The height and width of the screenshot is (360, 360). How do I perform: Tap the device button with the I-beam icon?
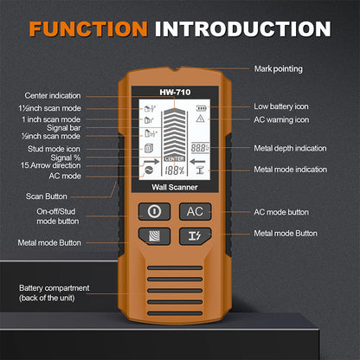[x=196, y=235]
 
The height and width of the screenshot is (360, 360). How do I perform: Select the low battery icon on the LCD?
[x=201, y=106]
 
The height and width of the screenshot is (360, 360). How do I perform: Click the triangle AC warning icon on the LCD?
[x=201, y=119]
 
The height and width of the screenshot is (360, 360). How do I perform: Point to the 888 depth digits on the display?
[x=201, y=148]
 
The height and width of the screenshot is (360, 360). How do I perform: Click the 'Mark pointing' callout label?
[x=280, y=67]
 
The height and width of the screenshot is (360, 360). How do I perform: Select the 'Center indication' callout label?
[x=54, y=96]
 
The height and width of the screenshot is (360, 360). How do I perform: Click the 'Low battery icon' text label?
[x=283, y=106]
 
